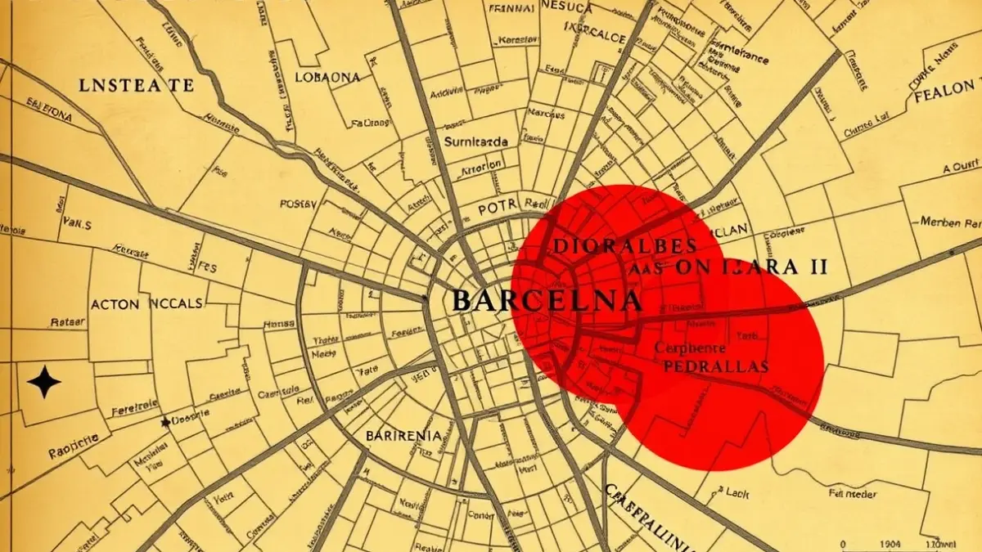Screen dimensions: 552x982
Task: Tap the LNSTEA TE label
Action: pos(138,84)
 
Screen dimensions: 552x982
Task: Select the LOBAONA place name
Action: pos(325,77)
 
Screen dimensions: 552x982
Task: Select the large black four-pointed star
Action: pos(43,382)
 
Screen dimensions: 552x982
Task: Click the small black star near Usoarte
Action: pos(166,422)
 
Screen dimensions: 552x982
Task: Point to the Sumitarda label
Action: pos(475,141)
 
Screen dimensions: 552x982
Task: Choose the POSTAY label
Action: pos(304,204)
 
